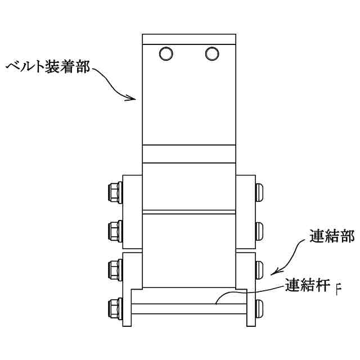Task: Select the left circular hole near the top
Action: point(167,53)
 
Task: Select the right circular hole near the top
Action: point(212,53)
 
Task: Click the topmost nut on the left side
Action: point(113,191)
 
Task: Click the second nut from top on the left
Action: point(113,229)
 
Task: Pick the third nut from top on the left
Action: point(113,268)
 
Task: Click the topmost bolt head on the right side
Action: point(259,191)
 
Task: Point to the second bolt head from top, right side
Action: point(259,229)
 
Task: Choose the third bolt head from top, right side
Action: point(259,268)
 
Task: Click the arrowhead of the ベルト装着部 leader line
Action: point(134,98)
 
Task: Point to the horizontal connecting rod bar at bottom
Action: point(188,309)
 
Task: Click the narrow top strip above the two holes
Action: point(189,39)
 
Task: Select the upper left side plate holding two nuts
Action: point(132,211)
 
